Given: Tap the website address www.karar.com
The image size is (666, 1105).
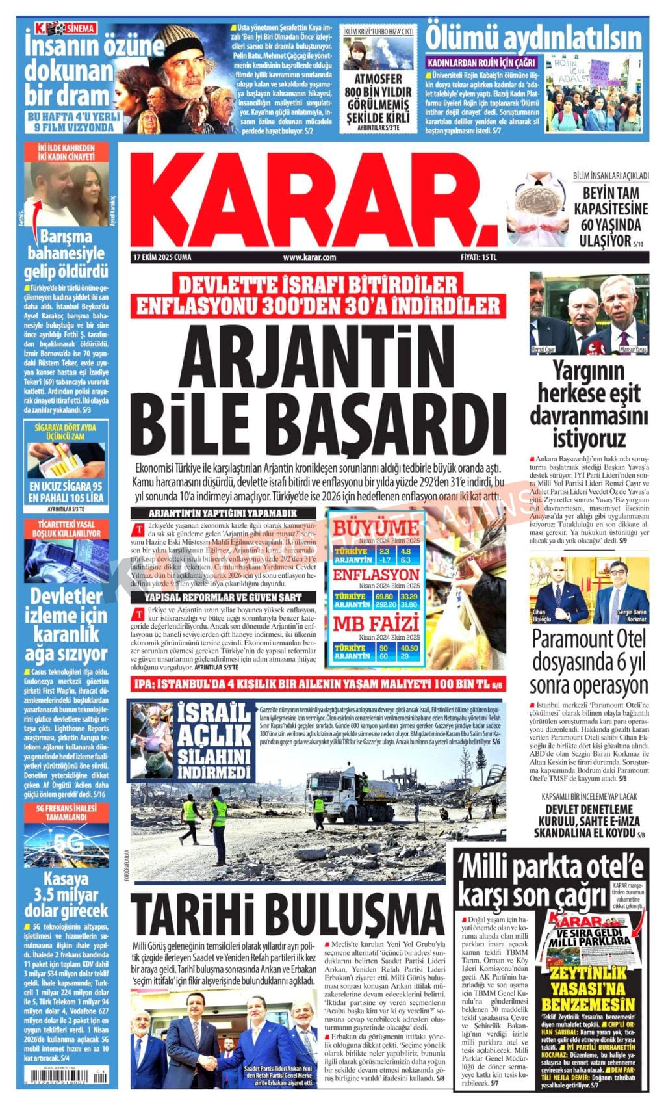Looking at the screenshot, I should coord(309,257).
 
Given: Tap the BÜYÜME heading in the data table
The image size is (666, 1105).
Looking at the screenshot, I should coord(376,528).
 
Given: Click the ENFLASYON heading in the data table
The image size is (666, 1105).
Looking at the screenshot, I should coord(376,575).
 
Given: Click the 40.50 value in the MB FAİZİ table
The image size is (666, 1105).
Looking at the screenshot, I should coord(409,648).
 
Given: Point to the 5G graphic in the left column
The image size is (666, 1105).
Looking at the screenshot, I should coord(67,844).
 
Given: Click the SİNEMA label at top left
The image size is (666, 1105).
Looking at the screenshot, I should coord(76,29).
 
